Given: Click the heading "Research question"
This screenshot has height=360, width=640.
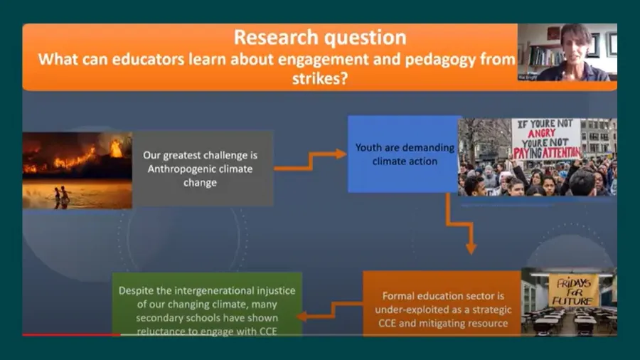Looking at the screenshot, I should tap(320, 37).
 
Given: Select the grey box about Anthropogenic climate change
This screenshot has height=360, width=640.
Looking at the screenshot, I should tap(203, 168).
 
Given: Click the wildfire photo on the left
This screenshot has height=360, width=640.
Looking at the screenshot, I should tap(77, 169).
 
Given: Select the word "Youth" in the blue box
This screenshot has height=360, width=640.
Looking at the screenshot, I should tap(368, 149).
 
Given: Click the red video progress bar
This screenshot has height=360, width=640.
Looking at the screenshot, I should tap(71, 334).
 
